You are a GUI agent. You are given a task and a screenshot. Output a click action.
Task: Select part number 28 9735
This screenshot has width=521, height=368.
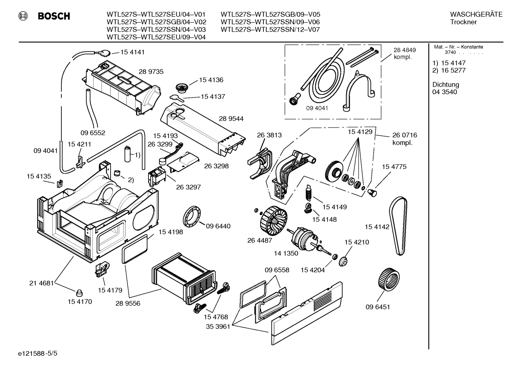point(151,72)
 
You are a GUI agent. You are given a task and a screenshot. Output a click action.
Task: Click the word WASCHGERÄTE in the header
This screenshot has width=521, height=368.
point(476,14)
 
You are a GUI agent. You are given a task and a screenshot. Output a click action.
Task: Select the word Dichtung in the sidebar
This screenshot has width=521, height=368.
point(445,85)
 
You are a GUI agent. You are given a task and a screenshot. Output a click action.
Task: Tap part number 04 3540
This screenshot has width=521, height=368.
point(444,92)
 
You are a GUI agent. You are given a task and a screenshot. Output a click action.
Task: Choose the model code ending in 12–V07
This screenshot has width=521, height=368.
point(270,30)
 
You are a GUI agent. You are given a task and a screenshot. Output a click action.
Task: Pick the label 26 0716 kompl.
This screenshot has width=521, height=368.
point(404,139)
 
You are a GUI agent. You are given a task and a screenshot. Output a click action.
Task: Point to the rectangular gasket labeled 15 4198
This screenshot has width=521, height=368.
point(135,249)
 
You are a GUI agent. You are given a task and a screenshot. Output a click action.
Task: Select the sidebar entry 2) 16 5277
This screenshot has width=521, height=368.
point(449,70)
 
